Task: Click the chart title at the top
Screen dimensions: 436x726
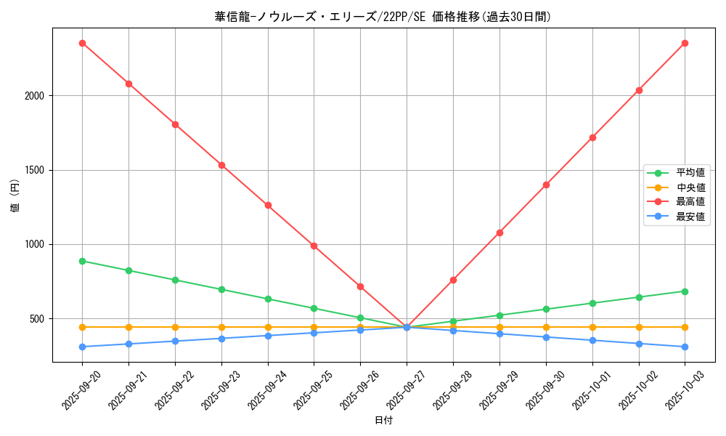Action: pos(383,17)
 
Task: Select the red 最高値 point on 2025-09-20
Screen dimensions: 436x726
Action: pos(82,43)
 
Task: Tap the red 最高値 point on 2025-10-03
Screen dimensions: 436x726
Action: pos(685,43)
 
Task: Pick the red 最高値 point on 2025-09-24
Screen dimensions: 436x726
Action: pos(268,205)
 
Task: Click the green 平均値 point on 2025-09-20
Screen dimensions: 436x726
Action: pos(82,261)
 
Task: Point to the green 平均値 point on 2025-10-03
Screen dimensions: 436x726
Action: pos(685,291)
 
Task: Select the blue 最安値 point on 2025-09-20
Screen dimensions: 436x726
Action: pos(82,347)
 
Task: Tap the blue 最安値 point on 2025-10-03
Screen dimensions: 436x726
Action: pos(685,347)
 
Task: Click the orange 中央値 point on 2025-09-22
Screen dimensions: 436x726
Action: pos(175,327)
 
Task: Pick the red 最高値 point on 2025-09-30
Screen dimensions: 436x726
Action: pos(546,185)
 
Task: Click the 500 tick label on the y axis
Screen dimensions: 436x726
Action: pos(38,319)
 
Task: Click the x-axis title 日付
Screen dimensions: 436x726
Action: pos(383,421)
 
